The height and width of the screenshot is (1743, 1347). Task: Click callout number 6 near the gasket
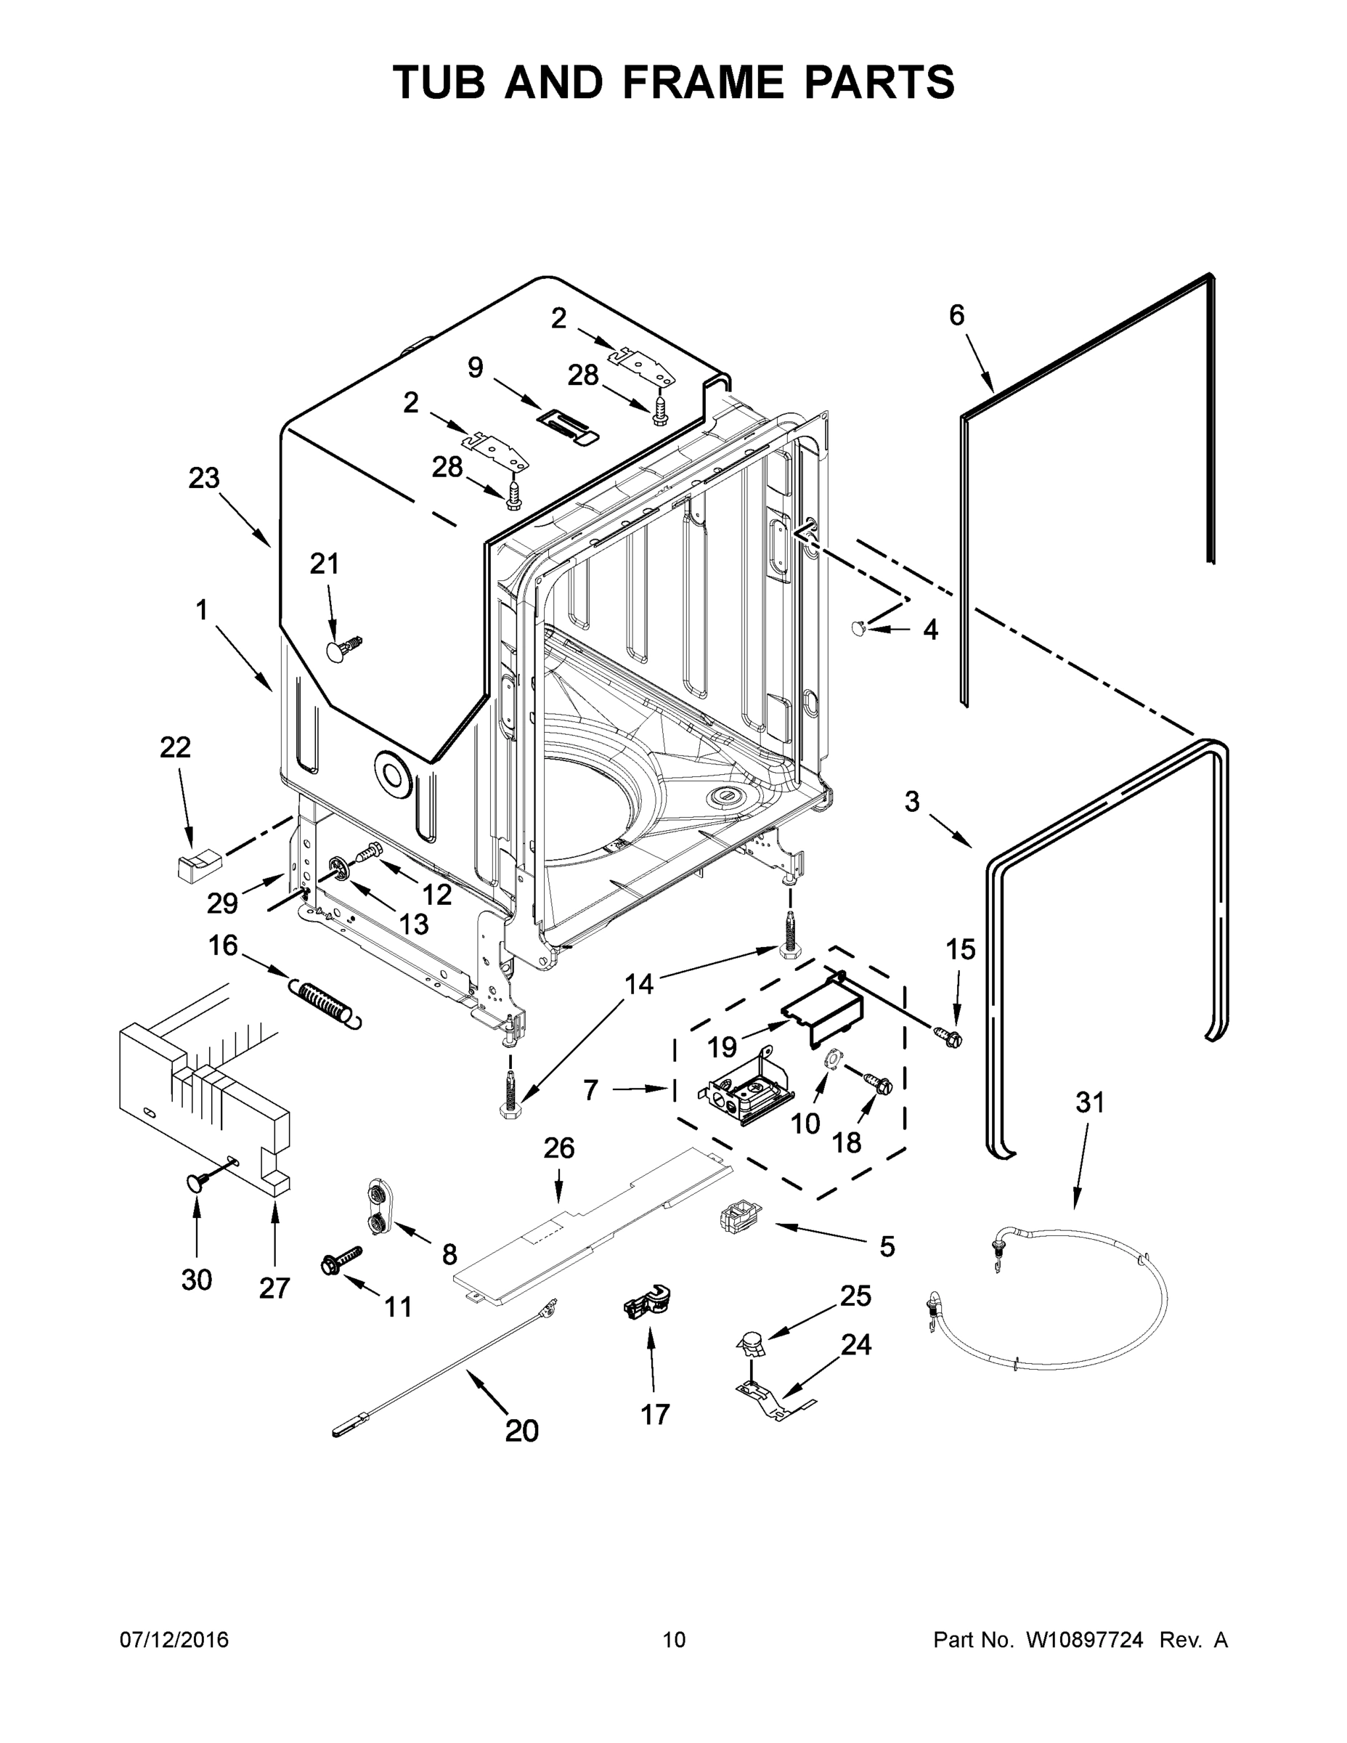click(x=957, y=316)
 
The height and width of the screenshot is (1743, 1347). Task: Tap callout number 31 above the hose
click(x=1089, y=1102)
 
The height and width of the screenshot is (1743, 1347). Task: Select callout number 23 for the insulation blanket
click(x=203, y=478)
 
